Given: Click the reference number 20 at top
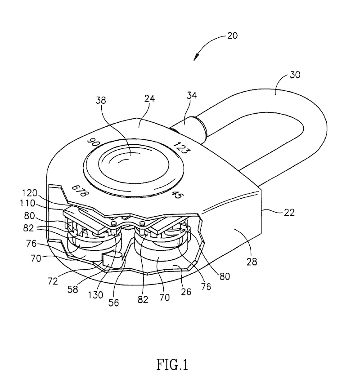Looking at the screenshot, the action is point(232,36).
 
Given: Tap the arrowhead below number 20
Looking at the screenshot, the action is point(196,57).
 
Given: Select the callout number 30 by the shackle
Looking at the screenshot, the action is point(295,75).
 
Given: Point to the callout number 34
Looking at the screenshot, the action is point(191,95).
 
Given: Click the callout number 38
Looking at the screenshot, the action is point(100,100).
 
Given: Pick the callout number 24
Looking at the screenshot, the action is point(149,98).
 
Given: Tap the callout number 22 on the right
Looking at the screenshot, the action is point(289,212).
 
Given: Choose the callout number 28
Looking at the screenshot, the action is point(252,262).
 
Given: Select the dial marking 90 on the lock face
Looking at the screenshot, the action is point(94,142).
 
